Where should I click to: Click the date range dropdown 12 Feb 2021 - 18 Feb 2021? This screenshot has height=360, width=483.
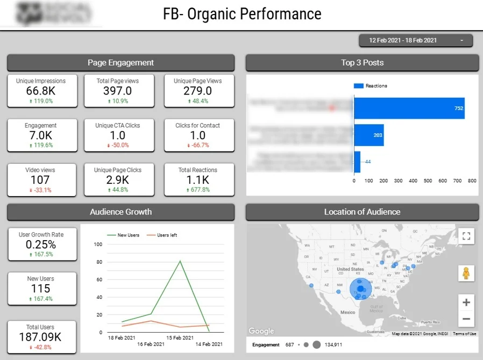point(415,40)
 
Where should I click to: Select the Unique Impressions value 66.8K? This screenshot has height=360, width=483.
point(40,91)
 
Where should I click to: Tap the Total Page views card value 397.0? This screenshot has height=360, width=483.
point(118,91)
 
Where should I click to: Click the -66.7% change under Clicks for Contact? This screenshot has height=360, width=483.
point(198,145)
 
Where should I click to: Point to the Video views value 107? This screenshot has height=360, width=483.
point(40,180)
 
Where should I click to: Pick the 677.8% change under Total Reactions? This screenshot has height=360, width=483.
point(198,190)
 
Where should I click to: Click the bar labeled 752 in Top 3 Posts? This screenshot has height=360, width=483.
point(409,108)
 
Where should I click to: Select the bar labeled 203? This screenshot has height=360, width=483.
point(368,135)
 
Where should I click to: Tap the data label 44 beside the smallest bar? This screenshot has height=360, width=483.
point(368,162)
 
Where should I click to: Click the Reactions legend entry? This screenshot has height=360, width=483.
point(371,86)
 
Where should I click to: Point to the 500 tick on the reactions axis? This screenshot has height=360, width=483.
point(428,181)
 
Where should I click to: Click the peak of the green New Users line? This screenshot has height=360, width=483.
point(180,261)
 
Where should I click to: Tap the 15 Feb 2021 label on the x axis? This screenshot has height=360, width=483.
point(180,337)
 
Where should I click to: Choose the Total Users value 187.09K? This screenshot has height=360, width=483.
point(40,337)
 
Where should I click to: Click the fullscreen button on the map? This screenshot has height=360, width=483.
point(466,236)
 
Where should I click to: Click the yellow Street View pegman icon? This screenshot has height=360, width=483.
point(466,273)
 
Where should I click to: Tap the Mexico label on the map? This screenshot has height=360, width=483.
point(347,312)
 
